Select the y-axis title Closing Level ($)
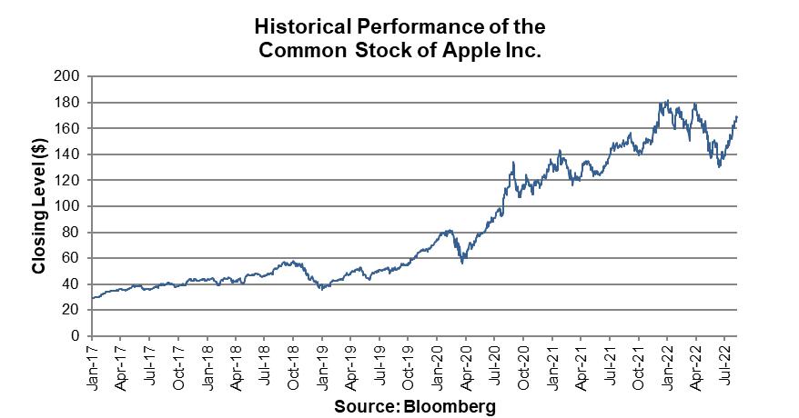click(39, 205)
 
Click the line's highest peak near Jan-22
click(667, 101)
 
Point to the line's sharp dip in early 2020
click(463, 263)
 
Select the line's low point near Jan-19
click(320, 289)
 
